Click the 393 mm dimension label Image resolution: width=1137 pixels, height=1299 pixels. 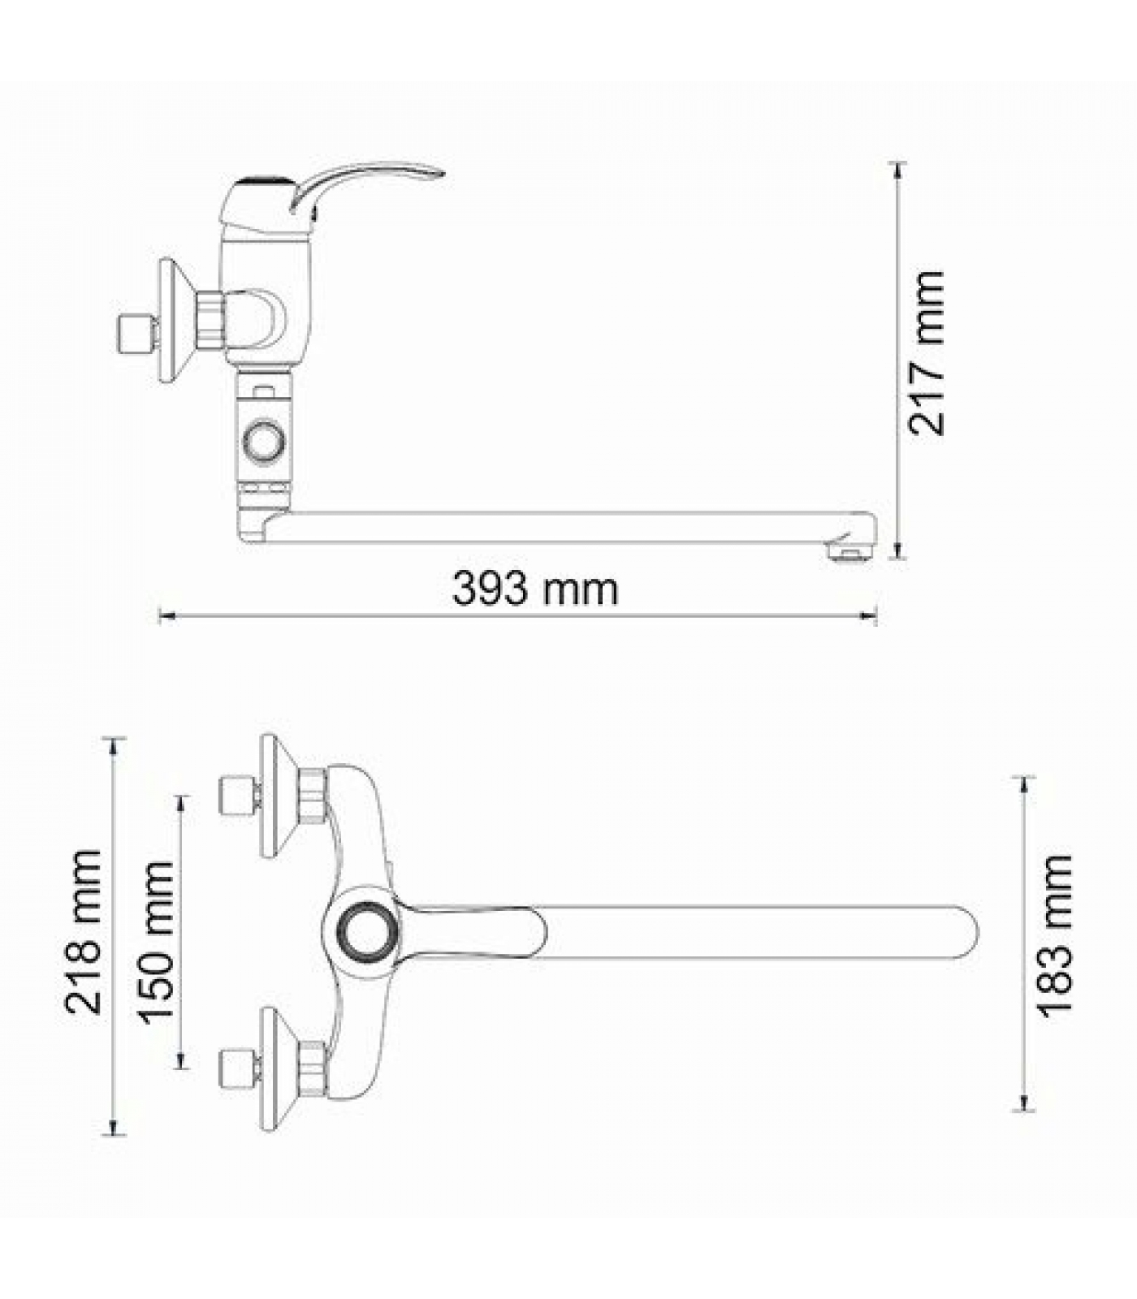pyautogui.click(x=534, y=589)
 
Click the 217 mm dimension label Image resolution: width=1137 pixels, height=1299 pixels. pyautogui.click(x=927, y=353)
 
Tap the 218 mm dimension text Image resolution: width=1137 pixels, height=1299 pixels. pyautogui.click(x=84, y=932)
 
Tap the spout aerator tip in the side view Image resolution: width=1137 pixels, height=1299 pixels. pyautogui.click(x=848, y=552)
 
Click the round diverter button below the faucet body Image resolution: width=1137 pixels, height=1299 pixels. pyautogui.click(x=264, y=441)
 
